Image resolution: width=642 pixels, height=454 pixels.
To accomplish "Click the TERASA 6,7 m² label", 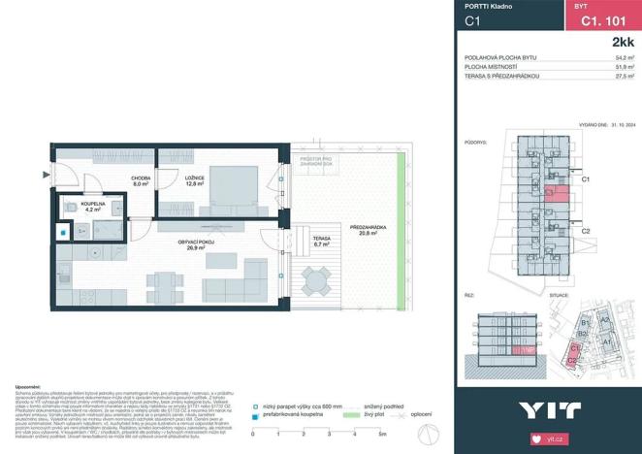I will click(320, 243).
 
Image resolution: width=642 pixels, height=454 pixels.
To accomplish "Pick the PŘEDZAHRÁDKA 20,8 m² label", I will click(371, 230).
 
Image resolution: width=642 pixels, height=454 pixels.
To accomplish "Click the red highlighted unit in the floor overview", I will click(556, 191).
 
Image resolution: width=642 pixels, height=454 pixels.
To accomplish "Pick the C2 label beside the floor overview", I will click(585, 231).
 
